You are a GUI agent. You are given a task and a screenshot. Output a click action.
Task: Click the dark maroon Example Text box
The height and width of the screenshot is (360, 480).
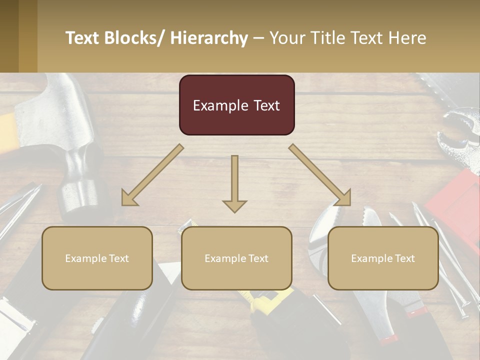(x=236, y=105)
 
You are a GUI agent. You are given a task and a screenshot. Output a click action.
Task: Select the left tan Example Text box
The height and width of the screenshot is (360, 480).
(x=97, y=258)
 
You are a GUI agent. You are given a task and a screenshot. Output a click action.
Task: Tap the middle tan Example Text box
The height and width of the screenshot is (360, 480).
(x=236, y=258)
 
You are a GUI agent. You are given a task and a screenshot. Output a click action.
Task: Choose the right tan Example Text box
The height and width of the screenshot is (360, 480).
(x=383, y=258)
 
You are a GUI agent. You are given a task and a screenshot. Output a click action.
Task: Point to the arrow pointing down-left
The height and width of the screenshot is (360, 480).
(x=152, y=175)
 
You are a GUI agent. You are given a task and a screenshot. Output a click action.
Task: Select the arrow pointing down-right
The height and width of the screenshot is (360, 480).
(x=320, y=175)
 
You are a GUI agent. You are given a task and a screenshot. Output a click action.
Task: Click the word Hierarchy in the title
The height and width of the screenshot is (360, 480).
(x=209, y=38)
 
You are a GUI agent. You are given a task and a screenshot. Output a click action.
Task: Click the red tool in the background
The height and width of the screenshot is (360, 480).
(x=455, y=200)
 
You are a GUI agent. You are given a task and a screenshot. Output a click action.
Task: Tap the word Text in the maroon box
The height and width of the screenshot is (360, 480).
(x=266, y=105)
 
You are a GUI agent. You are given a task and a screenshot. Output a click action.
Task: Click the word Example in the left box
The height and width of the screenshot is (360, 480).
(x=85, y=258)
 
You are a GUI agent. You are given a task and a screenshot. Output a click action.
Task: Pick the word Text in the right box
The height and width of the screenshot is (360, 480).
(x=404, y=258)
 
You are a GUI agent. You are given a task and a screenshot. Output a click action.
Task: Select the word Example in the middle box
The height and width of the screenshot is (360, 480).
(x=224, y=258)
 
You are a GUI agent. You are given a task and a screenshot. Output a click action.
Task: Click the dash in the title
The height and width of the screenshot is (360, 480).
(x=258, y=38)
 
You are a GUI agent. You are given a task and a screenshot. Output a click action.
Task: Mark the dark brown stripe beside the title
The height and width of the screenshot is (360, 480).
(x=9, y=36)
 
